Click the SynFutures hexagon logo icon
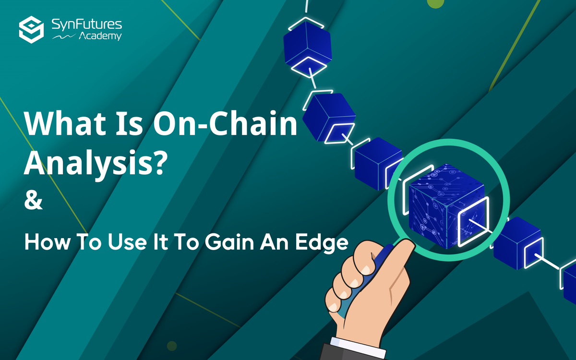click(32, 29)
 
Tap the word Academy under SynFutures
click(100, 36)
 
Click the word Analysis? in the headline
click(96, 163)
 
